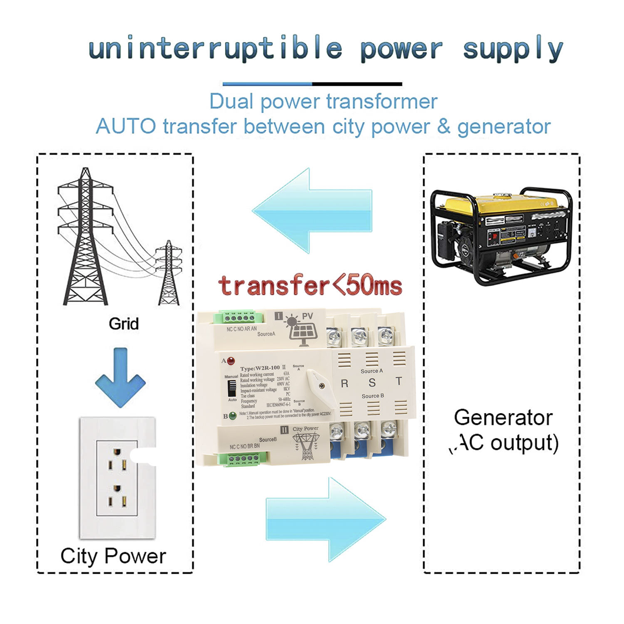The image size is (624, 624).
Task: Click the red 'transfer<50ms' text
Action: (x=310, y=286)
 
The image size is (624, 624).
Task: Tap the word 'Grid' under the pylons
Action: (x=124, y=324)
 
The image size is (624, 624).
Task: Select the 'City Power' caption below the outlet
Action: (x=113, y=556)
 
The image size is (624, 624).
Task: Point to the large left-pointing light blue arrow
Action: (x=312, y=210)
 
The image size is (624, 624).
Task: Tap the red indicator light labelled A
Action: (x=230, y=360)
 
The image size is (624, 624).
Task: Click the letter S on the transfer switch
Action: (x=372, y=383)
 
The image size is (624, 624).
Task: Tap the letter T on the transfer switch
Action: (x=399, y=381)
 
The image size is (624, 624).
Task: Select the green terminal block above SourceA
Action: (x=239, y=318)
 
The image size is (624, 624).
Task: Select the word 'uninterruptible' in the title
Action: (x=215, y=49)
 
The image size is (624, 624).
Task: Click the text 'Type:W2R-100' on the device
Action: (x=260, y=368)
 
